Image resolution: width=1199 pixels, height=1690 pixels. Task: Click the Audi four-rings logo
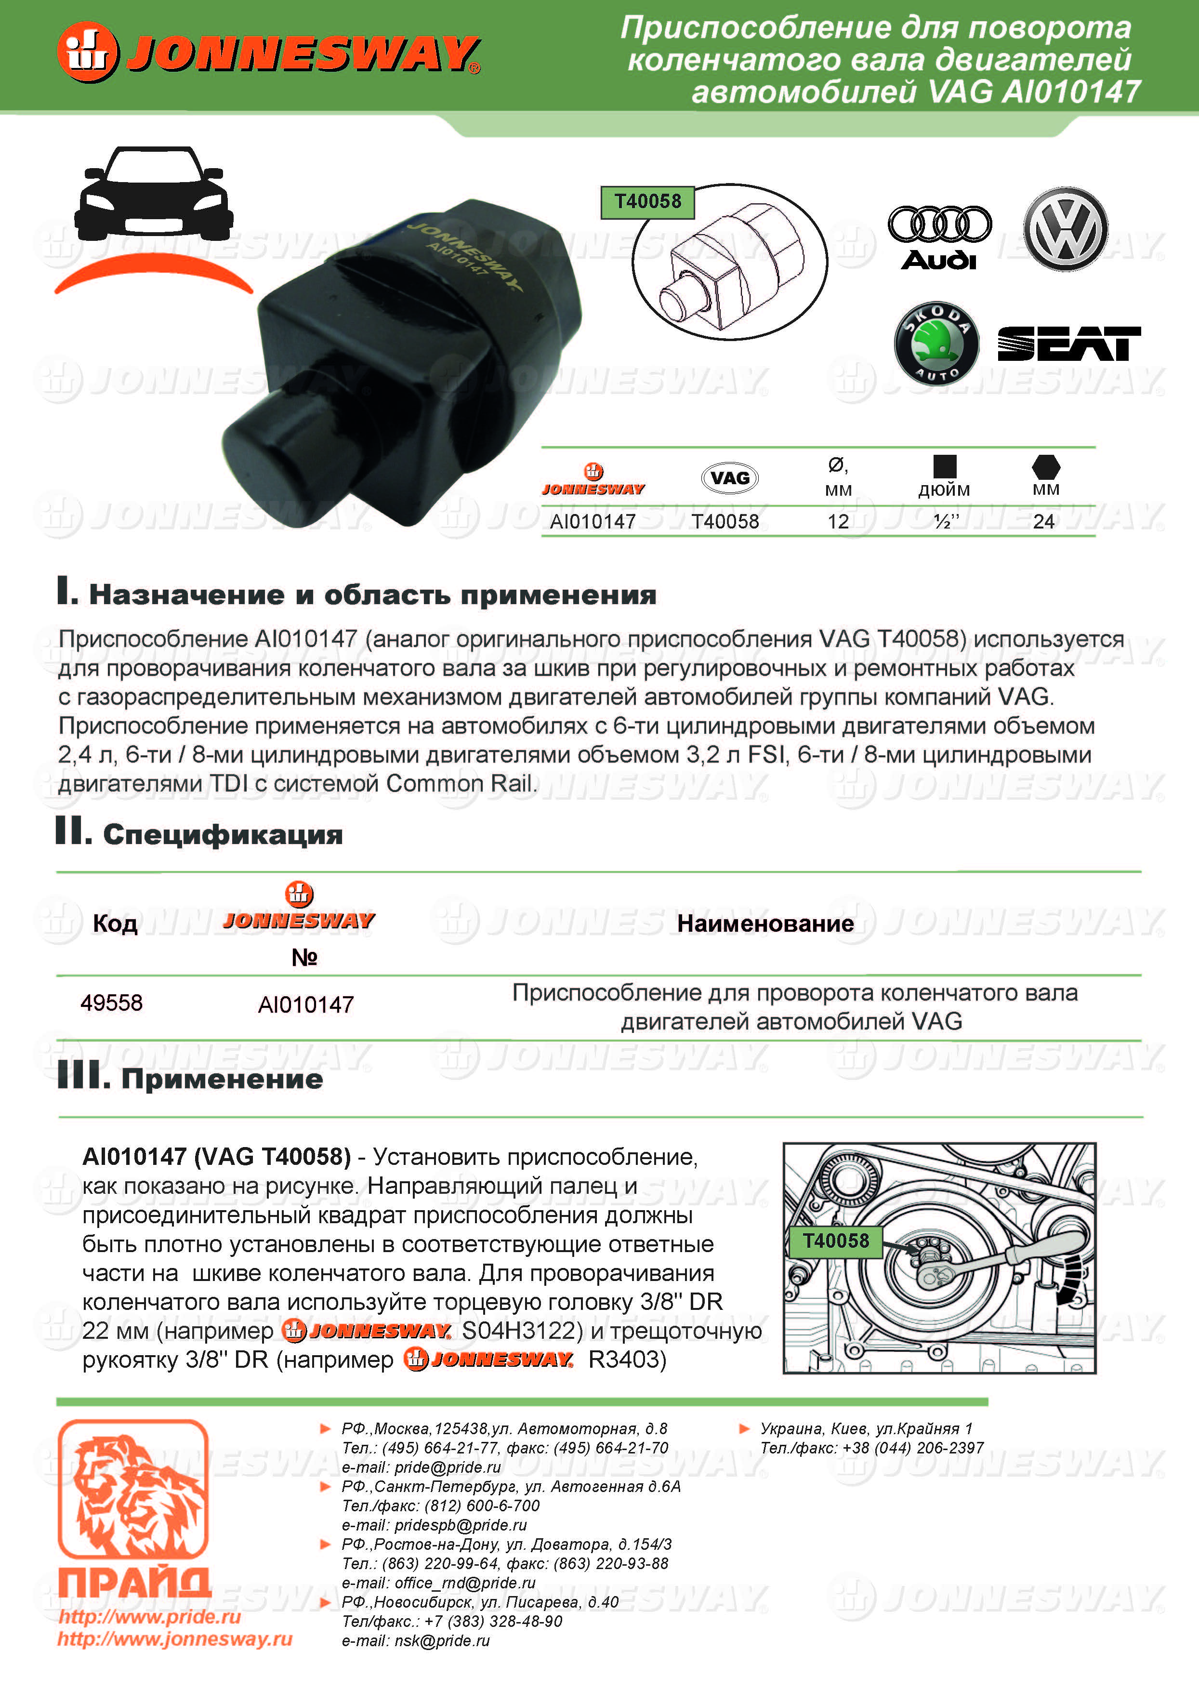[939, 224]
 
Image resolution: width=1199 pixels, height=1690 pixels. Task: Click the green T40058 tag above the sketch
[647, 201]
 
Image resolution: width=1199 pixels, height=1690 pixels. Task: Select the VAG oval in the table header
[729, 478]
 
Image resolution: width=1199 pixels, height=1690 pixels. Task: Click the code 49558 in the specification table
[111, 1003]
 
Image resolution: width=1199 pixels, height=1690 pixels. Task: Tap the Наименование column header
[765, 924]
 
